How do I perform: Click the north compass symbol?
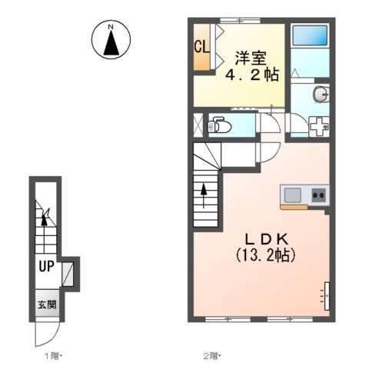click(x=111, y=40)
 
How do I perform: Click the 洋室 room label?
click(x=251, y=58)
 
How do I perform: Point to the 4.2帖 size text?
click(x=252, y=75)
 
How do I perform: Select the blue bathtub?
click(x=310, y=35)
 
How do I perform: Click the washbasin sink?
click(x=321, y=94)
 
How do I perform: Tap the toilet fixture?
click(x=219, y=125)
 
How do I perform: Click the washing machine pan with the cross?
click(x=319, y=126)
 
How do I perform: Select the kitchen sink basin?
click(x=292, y=195)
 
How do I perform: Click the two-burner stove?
click(x=318, y=195)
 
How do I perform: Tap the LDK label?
click(x=267, y=240)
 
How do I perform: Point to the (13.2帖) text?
click(x=265, y=255)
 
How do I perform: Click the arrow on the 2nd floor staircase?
click(x=204, y=195)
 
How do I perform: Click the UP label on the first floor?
click(x=46, y=266)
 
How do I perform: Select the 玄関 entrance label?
click(x=47, y=304)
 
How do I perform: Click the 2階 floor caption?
click(x=212, y=356)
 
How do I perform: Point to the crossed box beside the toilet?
click(x=198, y=125)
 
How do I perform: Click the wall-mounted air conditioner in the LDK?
click(x=327, y=296)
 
